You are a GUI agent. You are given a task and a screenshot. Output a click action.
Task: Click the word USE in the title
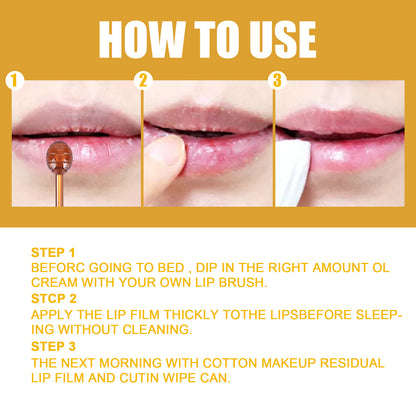274,39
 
